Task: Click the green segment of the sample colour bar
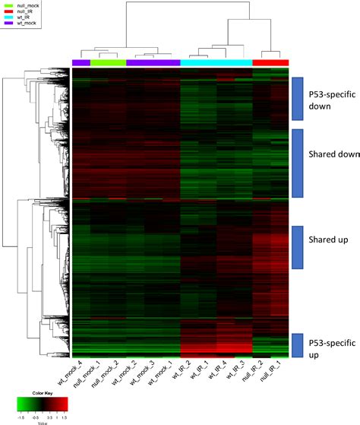click(108, 62)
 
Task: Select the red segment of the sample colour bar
click(270, 62)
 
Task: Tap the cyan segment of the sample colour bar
click(216, 62)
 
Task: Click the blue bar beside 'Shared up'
click(298, 247)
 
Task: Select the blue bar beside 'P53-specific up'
click(298, 346)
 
